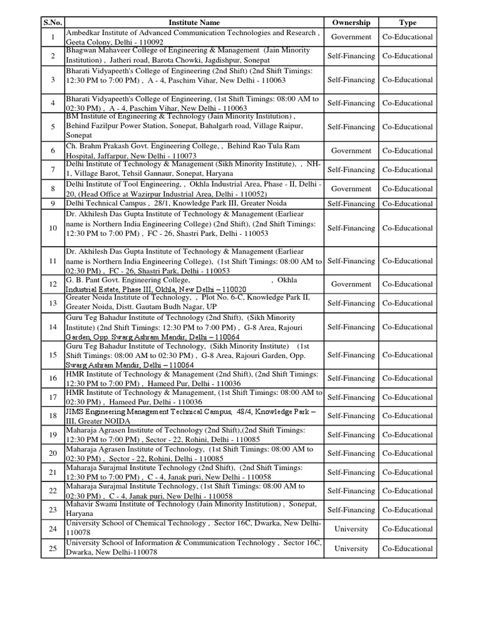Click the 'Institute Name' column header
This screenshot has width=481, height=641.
(194, 23)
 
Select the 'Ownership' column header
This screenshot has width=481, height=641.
(351, 23)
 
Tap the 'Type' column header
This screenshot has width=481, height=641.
(408, 23)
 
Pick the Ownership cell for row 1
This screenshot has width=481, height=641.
(351, 37)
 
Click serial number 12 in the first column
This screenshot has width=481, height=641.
(53, 284)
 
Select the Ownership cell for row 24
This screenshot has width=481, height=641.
(351, 529)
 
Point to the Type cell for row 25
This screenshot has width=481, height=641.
(408, 548)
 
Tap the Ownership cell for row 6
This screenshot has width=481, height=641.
(351, 151)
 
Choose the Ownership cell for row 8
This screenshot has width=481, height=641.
(351, 188)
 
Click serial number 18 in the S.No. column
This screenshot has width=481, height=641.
(53, 416)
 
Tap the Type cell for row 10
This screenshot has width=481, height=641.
(408, 228)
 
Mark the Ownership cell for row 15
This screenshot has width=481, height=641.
(351, 355)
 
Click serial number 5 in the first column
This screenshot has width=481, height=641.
(53, 126)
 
